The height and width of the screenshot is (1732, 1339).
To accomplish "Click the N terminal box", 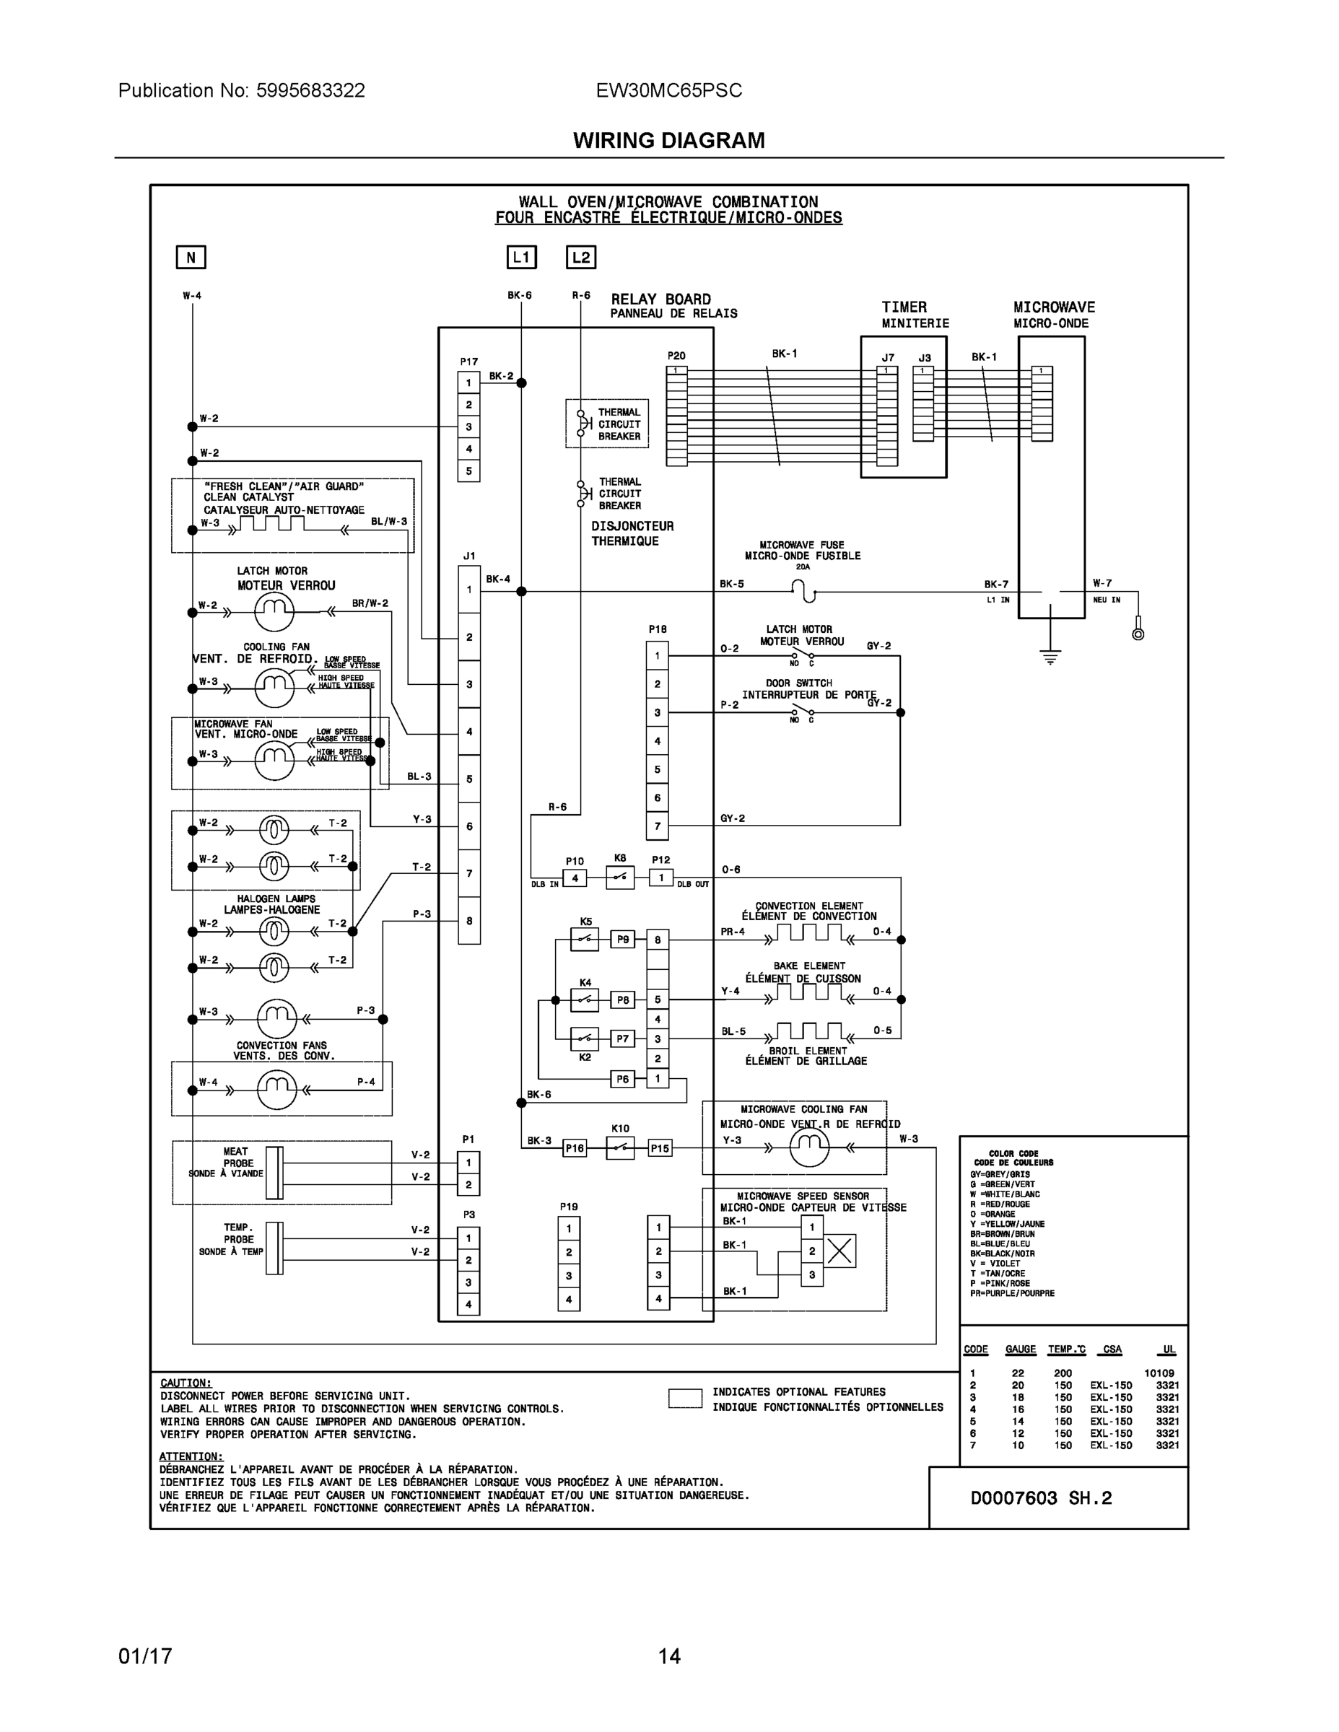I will point(191,257).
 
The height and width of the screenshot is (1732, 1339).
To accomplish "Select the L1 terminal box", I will point(521,257).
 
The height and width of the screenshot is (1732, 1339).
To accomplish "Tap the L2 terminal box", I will point(580,257).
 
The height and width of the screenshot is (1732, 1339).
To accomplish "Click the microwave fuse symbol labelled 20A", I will point(803,591).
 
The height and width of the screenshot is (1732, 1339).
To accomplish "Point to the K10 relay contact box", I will point(620,1147).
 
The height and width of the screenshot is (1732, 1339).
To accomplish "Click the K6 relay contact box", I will point(620,877).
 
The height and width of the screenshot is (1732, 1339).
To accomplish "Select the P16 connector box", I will point(575,1147).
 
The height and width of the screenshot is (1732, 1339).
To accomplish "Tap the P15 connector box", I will point(660,1147).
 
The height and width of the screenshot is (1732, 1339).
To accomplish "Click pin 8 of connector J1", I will point(468,921).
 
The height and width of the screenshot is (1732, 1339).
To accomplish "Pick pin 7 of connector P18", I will point(657,826).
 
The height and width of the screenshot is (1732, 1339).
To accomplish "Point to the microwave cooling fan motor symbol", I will point(809,1147).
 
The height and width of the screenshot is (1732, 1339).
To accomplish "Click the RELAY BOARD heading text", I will point(660,299).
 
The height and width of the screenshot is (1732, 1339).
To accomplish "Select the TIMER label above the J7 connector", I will point(904,307).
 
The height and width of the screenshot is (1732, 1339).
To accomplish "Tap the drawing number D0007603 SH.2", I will point(1041,1498).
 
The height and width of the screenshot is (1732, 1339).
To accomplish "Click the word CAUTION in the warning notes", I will point(186,1382).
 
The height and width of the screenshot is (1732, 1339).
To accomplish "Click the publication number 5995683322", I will point(310,90).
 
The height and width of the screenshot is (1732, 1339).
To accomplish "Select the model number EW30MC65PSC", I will point(668,90).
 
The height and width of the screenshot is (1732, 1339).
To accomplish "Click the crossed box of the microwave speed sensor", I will point(839,1251).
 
